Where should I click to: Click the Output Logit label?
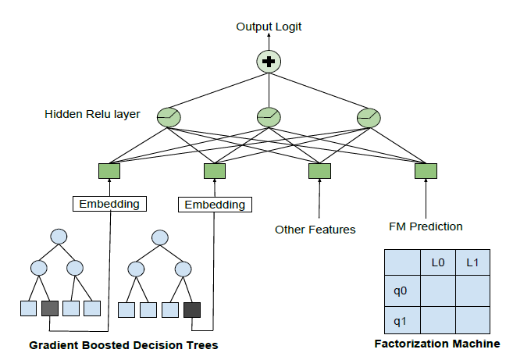tap(269, 27)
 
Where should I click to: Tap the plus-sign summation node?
tap(269, 61)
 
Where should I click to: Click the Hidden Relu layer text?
tap(93, 115)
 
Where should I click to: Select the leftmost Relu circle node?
tap(169, 117)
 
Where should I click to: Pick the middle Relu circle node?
tap(269, 117)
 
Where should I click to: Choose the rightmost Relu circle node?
tap(368, 117)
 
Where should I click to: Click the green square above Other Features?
tap(319, 171)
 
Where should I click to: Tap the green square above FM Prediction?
tap(426, 171)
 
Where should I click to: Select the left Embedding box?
tap(110, 205)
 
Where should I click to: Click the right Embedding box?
tap(214, 205)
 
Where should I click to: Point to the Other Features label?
tap(315, 230)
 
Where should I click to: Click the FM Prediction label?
tap(426, 227)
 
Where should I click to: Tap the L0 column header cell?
tap(438, 263)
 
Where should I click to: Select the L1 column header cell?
tap(472, 263)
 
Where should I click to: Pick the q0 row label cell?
tap(401, 291)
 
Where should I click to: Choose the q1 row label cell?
tap(401, 320)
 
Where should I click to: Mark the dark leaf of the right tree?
tap(192, 310)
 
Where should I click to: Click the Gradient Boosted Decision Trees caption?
tap(123, 345)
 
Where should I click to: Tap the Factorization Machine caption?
tap(436, 344)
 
